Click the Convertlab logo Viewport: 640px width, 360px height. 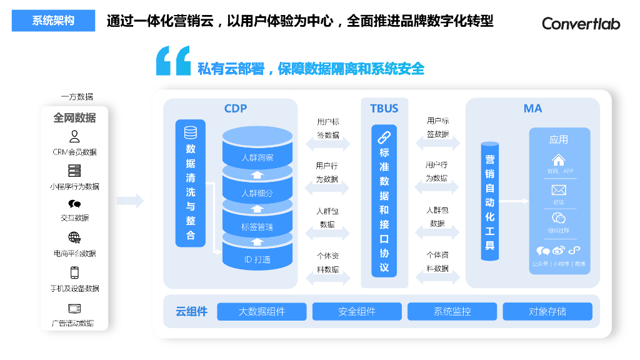[x=581, y=23]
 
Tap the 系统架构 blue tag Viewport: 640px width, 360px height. [x=53, y=21]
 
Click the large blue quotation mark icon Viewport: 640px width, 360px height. [x=173, y=61]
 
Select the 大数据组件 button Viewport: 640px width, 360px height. [x=262, y=311]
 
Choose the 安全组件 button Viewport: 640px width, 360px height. [x=357, y=311]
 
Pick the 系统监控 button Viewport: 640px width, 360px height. [x=452, y=311]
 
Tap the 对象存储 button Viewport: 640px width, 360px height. [x=547, y=311]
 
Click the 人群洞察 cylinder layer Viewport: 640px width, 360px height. [x=257, y=157]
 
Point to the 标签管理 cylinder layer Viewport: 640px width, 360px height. [x=257, y=227]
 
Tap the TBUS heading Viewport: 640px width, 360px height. [x=384, y=108]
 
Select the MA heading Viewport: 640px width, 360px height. [x=532, y=108]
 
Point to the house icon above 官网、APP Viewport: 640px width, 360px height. [x=559, y=159]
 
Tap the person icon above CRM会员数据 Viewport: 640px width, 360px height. [x=74, y=136]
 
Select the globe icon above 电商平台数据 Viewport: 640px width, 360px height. [x=74, y=237]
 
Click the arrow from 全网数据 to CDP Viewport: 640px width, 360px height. [x=130, y=201]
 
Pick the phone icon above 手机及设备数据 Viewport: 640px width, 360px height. [x=74, y=272]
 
